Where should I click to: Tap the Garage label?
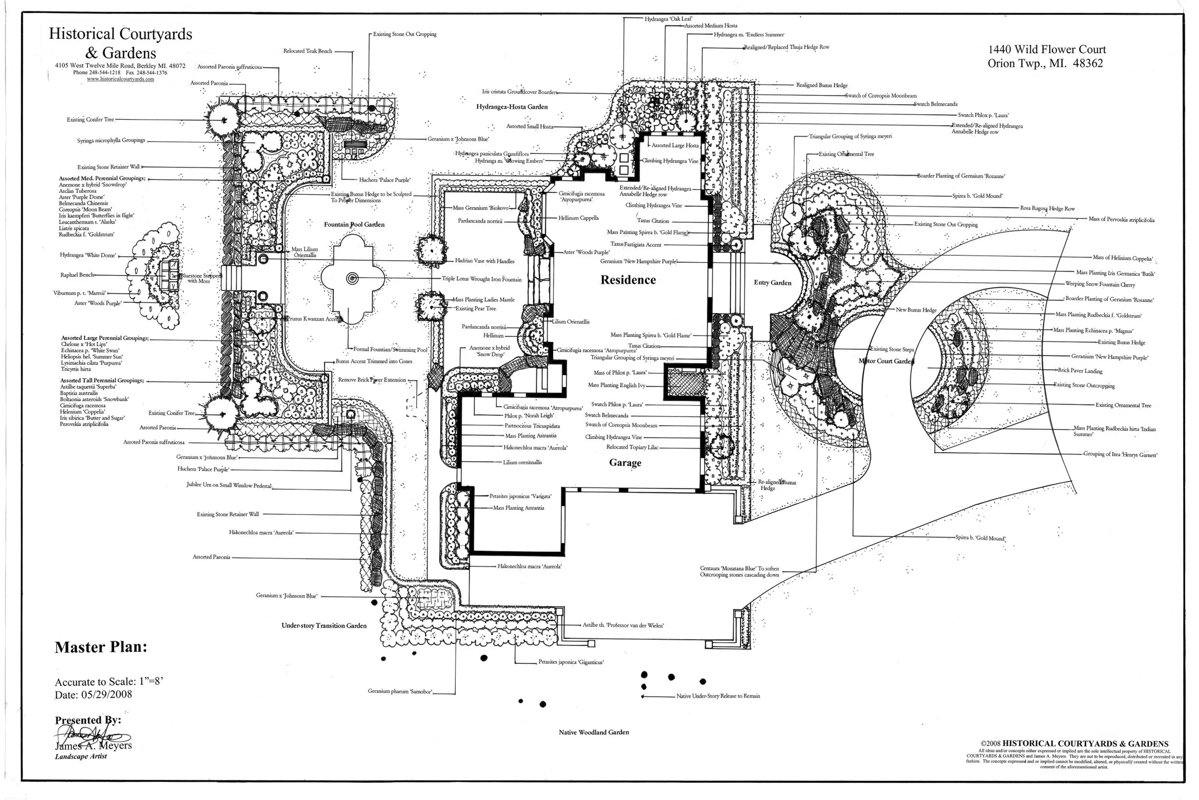pyautogui.click(x=625, y=463)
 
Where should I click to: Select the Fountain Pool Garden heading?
pyautogui.click(x=354, y=225)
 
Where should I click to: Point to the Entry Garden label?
pyautogui.click(x=772, y=283)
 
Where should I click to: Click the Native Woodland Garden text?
pyautogui.click(x=593, y=732)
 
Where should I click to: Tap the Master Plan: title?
pyautogui.click(x=101, y=647)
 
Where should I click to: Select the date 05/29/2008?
pyautogui.click(x=106, y=694)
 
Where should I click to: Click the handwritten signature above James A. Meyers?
pyautogui.click(x=92, y=736)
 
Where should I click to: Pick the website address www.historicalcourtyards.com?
pyautogui.click(x=120, y=79)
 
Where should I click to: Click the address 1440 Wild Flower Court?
pyautogui.click(x=1046, y=49)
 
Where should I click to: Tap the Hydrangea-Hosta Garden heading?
pyautogui.click(x=512, y=107)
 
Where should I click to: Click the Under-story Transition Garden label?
pyautogui.click(x=324, y=625)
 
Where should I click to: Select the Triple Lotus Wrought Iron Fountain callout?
pyautogui.click(x=481, y=279)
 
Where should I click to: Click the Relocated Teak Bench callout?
pyautogui.click(x=307, y=51)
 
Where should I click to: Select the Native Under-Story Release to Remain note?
pyautogui.click(x=718, y=696)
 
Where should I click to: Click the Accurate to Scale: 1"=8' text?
pyautogui.click(x=108, y=681)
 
